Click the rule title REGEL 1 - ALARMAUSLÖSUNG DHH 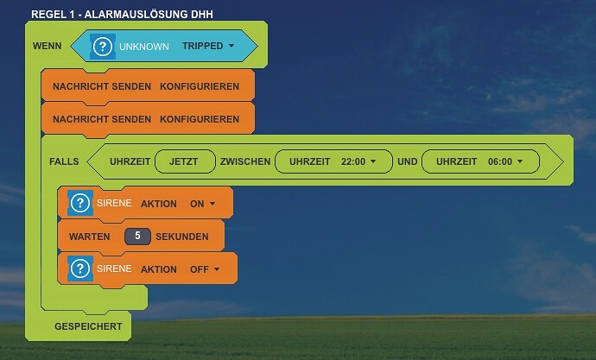122,15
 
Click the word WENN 47,46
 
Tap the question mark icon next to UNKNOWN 103,46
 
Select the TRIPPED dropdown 208,46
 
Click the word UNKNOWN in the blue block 144,46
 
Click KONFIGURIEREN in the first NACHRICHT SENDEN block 200,87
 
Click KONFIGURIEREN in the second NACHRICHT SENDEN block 200,117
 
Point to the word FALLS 64,161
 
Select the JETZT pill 184,161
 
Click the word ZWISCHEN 244,161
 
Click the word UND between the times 408,161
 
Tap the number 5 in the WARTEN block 136,235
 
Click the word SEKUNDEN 182,235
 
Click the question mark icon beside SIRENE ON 80,204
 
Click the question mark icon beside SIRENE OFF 80,269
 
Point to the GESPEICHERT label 88,327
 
